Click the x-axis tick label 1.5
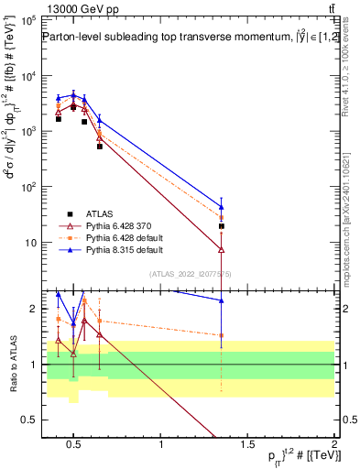pyautogui.click(x=248, y=445)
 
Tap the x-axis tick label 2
pyautogui.click(x=334, y=445)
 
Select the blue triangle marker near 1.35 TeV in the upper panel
pyautogui.click(x=221, y=206)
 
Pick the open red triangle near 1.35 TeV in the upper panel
pyautogui.click(x=221, y=248)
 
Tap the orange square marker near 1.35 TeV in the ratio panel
pyautogui.click(x=221, y=335)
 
